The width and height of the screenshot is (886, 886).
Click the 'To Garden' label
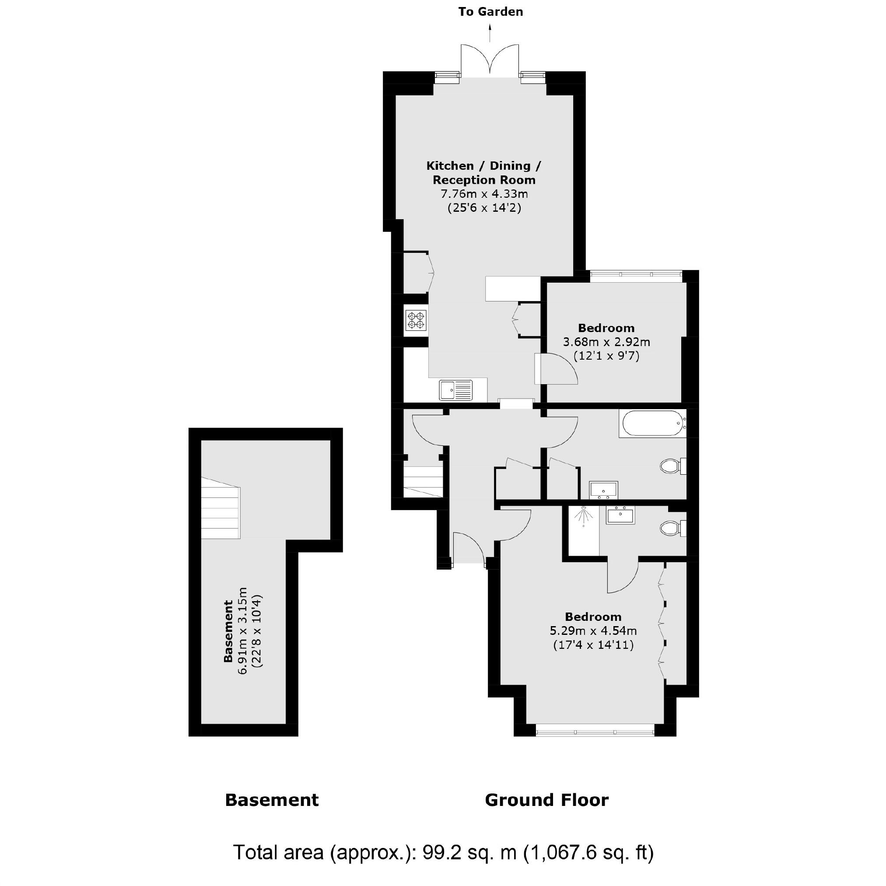490,12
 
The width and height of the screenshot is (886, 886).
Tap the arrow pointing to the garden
490,33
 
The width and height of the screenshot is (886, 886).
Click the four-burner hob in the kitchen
417,320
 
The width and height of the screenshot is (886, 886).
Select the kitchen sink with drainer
455,390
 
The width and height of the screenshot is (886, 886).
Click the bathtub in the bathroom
651,423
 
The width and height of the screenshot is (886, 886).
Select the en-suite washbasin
620,515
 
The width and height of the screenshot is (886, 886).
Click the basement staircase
220,508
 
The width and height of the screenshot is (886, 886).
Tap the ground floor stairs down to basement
423,482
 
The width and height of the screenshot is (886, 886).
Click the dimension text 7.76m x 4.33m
484,194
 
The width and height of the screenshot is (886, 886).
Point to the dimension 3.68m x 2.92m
606,342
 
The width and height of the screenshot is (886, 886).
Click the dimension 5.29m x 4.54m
593,631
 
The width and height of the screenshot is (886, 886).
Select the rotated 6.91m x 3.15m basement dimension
242,631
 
